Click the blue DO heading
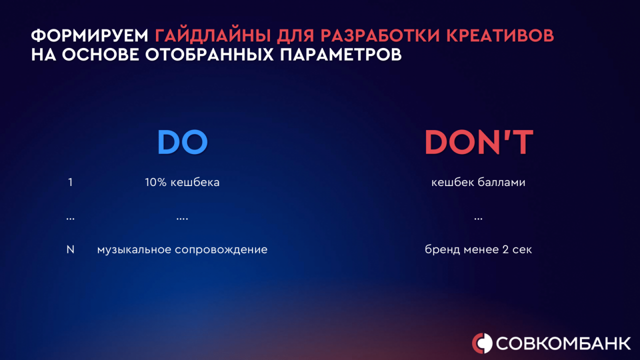[x=182, y=142]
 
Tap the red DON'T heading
[x=479, y=142]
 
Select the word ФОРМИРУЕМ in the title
[x=89, y=36]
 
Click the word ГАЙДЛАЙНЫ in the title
[x=213, y=35]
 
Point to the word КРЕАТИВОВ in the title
[x=500, y=36]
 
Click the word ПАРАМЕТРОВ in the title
[x=341, y=54]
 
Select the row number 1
[x=70, y=182]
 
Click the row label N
[x=70, y=249]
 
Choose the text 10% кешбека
[x=182, y=182]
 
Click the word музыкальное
[x=134, y=250]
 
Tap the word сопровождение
[x=221, y=250]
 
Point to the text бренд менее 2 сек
[x=478, y=250]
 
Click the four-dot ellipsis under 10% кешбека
[x=182, y=219]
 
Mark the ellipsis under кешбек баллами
[x=478, y=219]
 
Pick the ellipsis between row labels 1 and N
[x=70, y=219]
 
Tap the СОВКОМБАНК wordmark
[x=563, y=343]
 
